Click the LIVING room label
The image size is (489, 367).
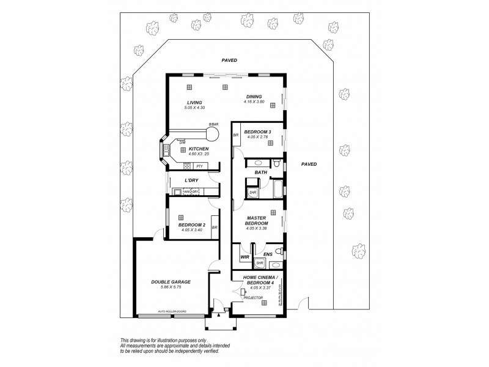pyautogui.click(x=194, y=103)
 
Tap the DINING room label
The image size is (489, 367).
pyautogui.click(x=254, y=97)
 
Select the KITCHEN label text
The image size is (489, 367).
pyautogui.click(x=199, y=149)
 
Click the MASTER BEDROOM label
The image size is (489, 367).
pyautogui.click(x=257, y=221)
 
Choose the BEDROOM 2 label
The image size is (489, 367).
pyautogui.click(x=191, y=224)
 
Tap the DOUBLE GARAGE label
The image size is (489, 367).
pyautogui.click(x=171, y=282)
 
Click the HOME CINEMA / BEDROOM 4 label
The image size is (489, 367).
pyautogui.click(x=257, y=281)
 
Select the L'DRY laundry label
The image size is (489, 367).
pyautogui.click(x=193, y=180)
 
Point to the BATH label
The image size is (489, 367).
pyautogui.click(x=261, y=172)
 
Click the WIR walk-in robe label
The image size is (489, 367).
pyautogui.click(x=245, y=258)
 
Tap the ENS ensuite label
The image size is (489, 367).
pyautogui.click(x=267, y=253)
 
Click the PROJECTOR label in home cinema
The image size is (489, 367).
pyautogui.click(x=254, y=298)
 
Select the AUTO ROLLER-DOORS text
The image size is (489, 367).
pyautogui.click(x=172, y=311)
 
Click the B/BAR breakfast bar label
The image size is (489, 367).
pyautogui.click(x=213, y=125)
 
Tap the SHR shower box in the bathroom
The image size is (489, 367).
pyautogui.click(x=252, y=193)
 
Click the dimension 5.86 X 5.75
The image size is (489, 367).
pyautogui.click(x=171, y=287)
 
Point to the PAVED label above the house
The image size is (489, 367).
pyautogui.click(x=229, y=61)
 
